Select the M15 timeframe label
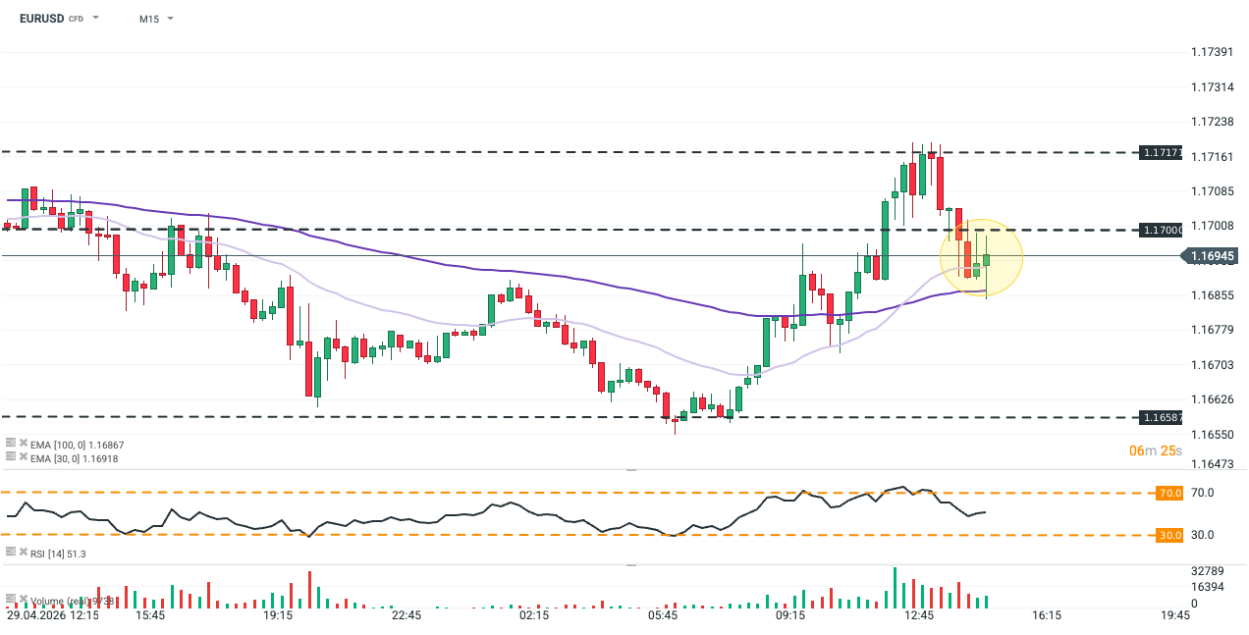[148, 19]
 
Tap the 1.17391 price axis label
[1212, 52]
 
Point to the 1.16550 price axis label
[1212, 434]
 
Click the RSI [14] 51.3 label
[58, 555]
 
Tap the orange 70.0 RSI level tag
[1169, 493]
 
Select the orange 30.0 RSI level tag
[1169, 535]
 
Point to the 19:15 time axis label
[278, 616]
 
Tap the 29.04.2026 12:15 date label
[53, 616]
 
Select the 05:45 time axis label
[663, 616]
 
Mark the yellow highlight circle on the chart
[981, 257]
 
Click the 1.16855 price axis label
[1212, 294]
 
